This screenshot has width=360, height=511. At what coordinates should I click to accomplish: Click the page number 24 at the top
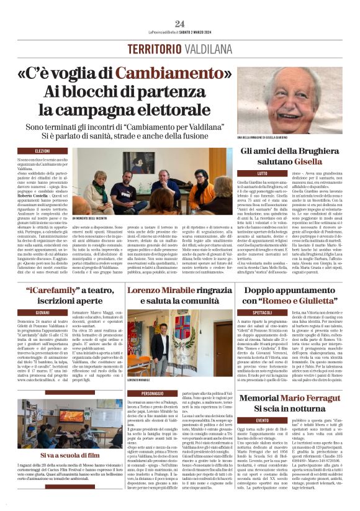click(x=179, y=24)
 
